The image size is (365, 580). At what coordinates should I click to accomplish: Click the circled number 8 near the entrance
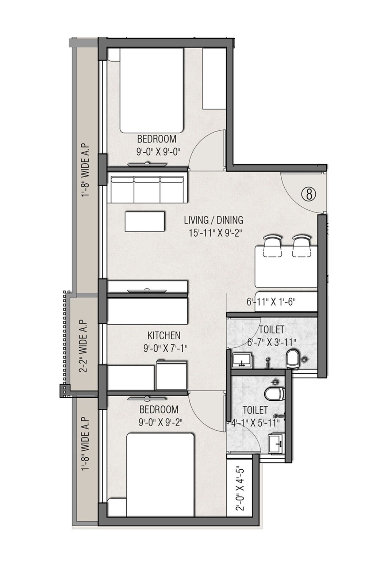[309, 194]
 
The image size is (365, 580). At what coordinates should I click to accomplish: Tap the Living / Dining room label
[213, 220]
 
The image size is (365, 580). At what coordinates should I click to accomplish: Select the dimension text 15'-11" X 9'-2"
[215, 233]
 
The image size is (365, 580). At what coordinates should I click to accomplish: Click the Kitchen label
[164, 335]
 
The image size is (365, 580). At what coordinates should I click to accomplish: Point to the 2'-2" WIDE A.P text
[83, 346]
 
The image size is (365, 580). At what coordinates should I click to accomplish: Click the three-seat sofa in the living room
[147, 188]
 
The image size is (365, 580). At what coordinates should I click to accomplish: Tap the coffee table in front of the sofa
[145, 221]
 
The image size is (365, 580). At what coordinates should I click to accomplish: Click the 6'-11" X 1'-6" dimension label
[270, 302]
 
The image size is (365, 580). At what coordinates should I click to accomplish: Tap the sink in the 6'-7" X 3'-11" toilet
[241, 359]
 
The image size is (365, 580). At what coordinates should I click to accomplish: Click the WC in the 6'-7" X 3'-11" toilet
[292, 359]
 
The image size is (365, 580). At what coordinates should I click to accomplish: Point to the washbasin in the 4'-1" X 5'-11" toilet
[276, 443]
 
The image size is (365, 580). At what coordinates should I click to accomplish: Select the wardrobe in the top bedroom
[214, 78]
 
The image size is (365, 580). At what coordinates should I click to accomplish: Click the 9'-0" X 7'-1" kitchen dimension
[165, 348]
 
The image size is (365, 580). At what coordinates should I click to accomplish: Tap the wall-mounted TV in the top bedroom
[148, 165]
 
